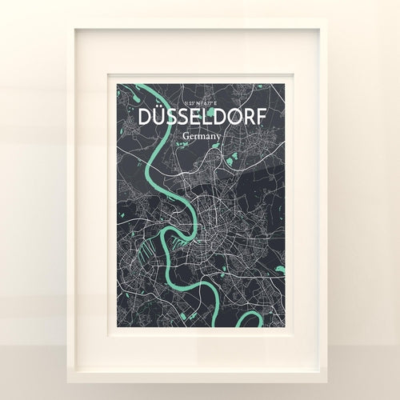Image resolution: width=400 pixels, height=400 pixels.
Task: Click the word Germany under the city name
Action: click(x=201, y=136)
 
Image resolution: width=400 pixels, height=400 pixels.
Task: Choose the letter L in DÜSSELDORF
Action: click(x=200, y=118)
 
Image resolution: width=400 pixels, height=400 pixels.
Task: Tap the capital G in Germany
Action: click(x=186, y=135)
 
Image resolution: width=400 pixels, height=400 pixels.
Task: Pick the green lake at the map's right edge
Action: click(x=279, y=270)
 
